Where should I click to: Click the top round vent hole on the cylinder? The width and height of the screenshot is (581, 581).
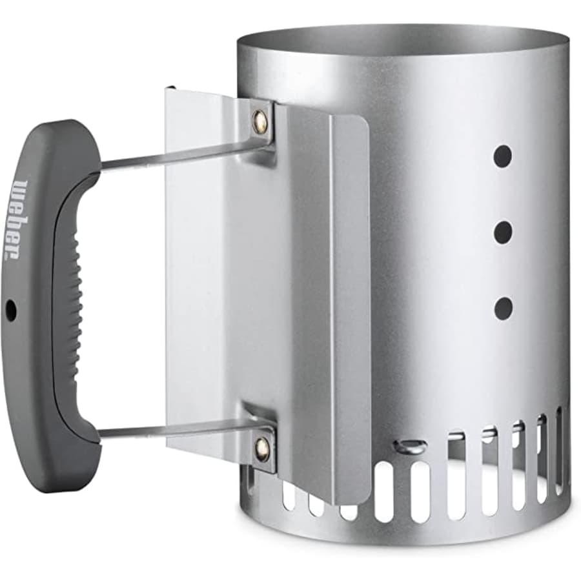pos(503,155)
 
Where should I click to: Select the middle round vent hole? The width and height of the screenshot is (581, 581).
pos(503,231)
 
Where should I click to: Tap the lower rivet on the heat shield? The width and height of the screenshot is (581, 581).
pos(261,445)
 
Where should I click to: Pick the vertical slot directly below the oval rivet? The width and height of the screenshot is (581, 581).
pos(420,491)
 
